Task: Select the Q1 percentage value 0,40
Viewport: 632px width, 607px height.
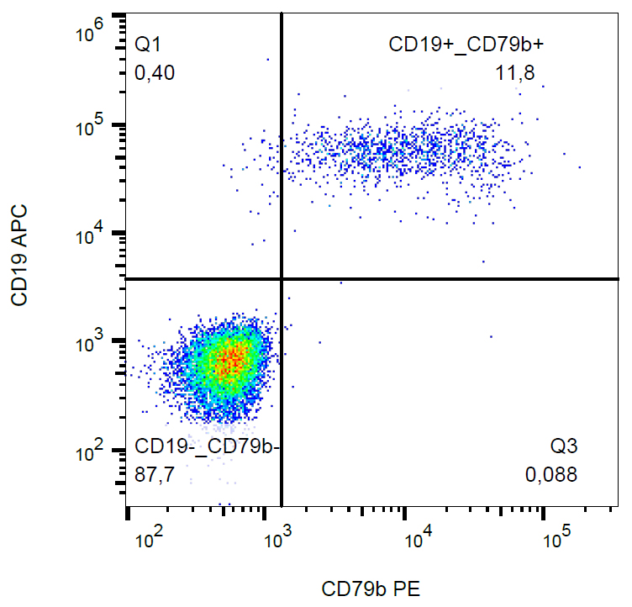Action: pyautogui.click(x=155, y=74)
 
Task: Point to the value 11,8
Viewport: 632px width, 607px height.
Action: pyautogui.click(x=514, y=74)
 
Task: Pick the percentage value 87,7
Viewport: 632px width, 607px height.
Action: pyautogui.click(x=155, y=475)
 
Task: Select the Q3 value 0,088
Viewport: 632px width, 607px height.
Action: pyautogui.click(x=551, y=475)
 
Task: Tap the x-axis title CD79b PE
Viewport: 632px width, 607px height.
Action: pyautogui.click(x=370, y=589)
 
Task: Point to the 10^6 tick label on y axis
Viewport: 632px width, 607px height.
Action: pyautogui.click(x=89, y=35)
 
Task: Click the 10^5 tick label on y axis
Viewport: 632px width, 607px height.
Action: pyautogui.click(x=89, y=126)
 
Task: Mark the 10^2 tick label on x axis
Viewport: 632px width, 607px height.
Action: pyautogui.click(x=149, y=536)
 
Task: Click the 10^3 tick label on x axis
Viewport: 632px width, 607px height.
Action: pyautogui.click(x=278, y=536)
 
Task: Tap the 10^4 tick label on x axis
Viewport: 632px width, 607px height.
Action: pyautogui.click(x=418, y=536)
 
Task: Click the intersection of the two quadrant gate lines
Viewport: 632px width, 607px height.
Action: pyautogui.click(x=281, y=278)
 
